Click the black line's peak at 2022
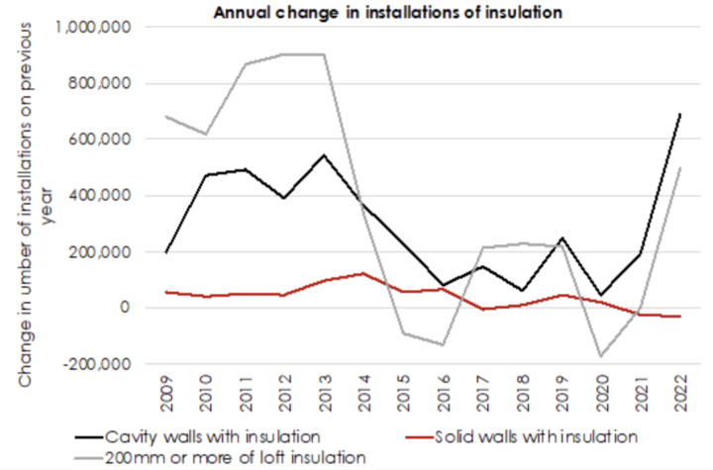[x=679, y=115]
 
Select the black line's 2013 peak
[x=324, y=155]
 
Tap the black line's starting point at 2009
[x=166, y=252]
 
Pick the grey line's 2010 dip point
[x=206, y=134]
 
